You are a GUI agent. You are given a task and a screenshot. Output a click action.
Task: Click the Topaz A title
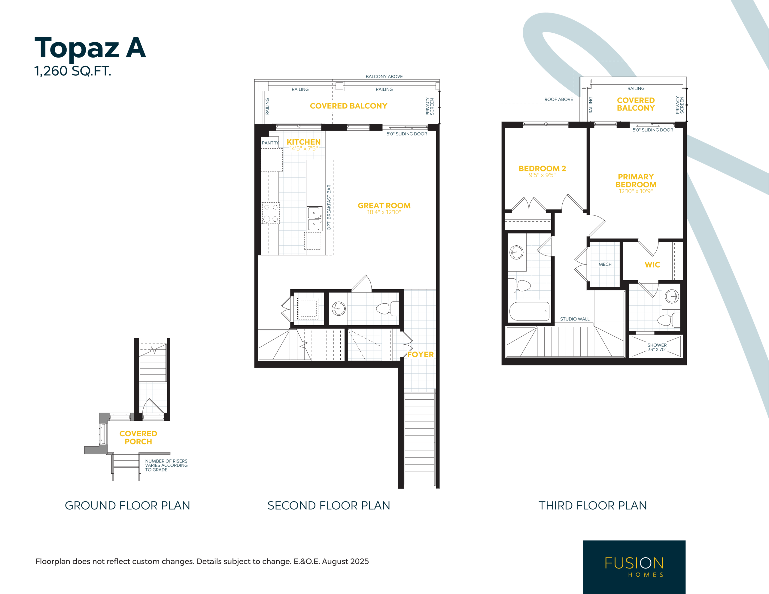90,48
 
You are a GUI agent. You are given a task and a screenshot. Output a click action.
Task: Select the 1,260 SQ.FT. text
73,71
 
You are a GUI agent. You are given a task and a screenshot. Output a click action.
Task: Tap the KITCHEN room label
303,142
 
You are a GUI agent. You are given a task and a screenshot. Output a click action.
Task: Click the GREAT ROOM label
384,206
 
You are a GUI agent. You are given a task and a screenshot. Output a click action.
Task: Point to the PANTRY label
270,143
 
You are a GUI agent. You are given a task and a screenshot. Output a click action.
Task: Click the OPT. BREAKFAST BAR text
329,208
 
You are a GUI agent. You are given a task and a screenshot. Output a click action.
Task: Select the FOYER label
421,355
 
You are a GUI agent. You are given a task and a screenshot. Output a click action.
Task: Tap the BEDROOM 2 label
542,169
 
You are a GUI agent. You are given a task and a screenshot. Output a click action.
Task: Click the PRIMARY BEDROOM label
636,180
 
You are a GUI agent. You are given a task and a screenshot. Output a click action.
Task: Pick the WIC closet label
652,265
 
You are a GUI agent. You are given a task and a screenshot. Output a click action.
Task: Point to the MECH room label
605,265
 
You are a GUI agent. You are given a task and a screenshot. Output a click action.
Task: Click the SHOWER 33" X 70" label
657,347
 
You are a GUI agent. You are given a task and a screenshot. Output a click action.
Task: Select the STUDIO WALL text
575,319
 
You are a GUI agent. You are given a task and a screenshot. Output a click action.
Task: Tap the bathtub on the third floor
530,311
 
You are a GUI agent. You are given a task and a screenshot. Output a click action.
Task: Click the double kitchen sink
314,219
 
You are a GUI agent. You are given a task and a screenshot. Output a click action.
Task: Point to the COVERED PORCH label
138,438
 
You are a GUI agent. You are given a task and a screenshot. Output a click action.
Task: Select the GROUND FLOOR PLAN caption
127,506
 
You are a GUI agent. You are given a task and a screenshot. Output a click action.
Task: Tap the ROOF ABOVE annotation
558,99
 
